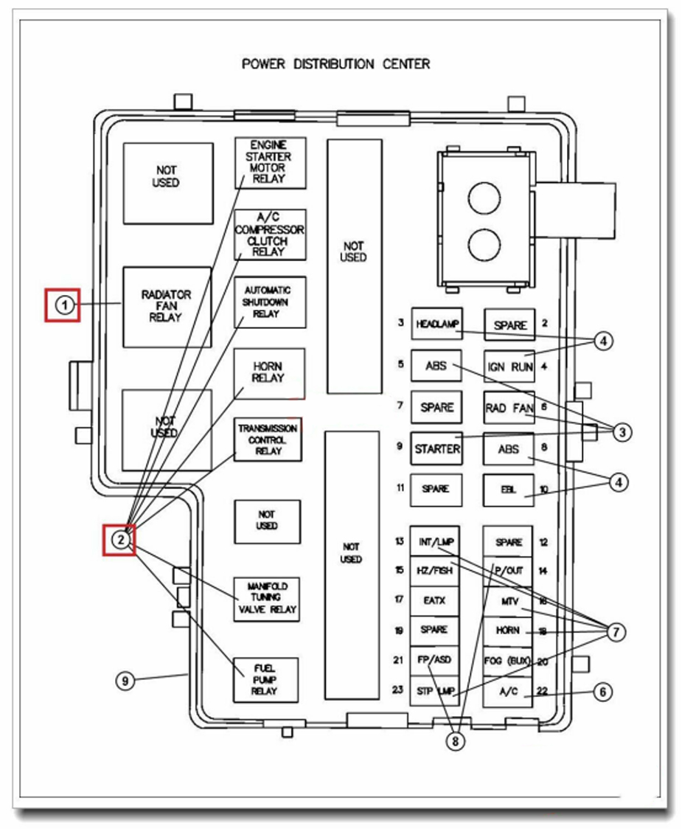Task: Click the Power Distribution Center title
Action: [x=335, y=64]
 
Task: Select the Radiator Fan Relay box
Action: [x=167, y=306]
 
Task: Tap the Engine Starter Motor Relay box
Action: [x=270, y=162]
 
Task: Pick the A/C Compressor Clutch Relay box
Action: [x=270, y=234]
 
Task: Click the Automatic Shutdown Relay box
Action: [x=270, y=302]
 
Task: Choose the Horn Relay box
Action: [x=270, y=372]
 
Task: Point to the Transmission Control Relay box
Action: [x=268, y=440]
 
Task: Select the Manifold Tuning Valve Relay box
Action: [x=267, y=598]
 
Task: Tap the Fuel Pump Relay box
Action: [x=266, y=679]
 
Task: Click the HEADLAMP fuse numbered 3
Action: [x=436, y=324]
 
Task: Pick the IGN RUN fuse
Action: [x=509, y=366]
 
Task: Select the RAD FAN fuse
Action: [x=509, y=407]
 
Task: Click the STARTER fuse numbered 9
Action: [x=436, y=448]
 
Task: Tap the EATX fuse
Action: [x=434, y=600]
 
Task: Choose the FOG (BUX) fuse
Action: [x=507, y=661]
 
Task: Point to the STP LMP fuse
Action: [x=434, y=692]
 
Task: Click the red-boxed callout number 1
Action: [x=66, y=305]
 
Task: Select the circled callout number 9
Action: [x=126, y=681]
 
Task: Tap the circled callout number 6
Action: [x=602, y=692]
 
